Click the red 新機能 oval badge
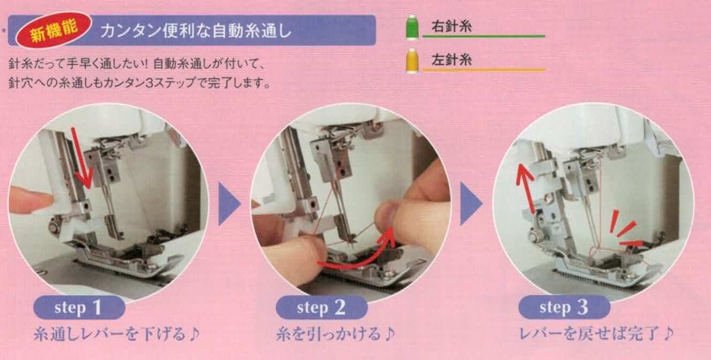coord(53,30)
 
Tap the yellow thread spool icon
coord(411,61)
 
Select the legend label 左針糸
coord(451,60)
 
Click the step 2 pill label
coord(321,308)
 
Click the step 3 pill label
coord(563,308)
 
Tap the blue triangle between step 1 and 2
coord(229,204)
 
